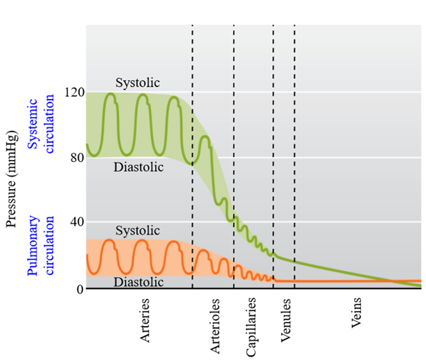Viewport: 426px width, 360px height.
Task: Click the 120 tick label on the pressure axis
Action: tap(74, 93)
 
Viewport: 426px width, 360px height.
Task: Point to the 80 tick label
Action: tap(78, 158)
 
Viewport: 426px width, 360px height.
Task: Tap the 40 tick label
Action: tap(78, 222)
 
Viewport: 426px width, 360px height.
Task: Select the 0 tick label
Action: tap(80, 289)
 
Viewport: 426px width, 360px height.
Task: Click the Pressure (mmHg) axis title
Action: tap(12, 179)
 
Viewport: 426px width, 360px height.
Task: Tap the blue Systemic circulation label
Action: tap(41, 124)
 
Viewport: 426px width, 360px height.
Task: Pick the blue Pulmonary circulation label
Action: tap(41, 246)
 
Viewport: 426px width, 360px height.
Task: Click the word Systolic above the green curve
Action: tap(138, 82)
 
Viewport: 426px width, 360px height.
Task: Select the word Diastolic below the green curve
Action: tap(139, 167)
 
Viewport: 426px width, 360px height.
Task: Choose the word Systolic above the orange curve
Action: tap(138, 231)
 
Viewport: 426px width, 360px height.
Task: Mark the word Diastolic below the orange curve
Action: tap(139, 282)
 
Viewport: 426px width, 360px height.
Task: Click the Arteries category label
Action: tap(145, 320)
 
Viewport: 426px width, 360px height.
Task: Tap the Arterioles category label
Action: tap(215, 326)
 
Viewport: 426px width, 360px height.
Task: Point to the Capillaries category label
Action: tap(251, 327)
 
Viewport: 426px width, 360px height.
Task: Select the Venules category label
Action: tap(286, 321)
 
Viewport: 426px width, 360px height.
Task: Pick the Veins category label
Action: tap(356, 313)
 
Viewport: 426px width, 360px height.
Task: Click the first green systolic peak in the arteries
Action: tap(111, 93)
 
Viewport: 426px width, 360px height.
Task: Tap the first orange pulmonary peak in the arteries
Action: tap(109, 240)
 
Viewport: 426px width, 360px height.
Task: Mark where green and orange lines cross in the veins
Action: tap(391, 281)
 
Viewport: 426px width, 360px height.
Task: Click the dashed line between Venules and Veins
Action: tap(294, 156)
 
